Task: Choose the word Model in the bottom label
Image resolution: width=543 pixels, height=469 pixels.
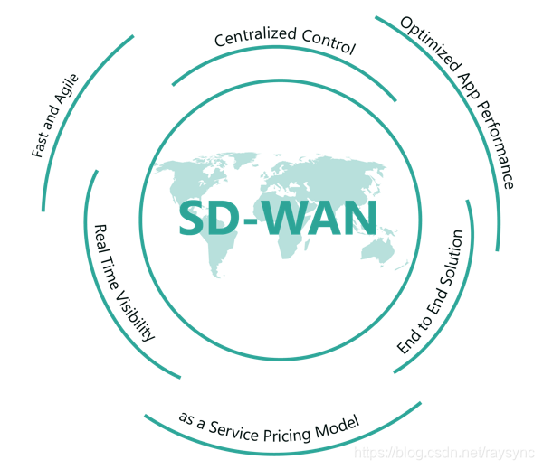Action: click(343, 422)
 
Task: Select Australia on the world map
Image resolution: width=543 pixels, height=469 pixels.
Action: click(388, 253)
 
